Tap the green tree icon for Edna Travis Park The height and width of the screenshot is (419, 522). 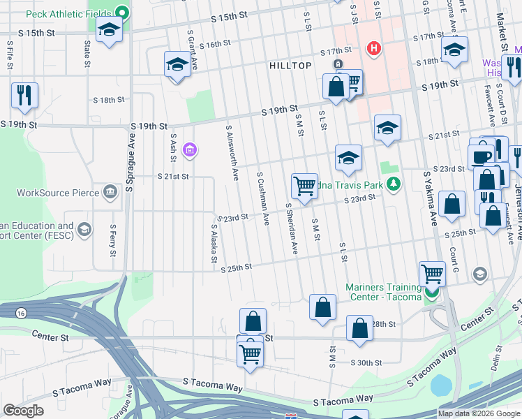(395, 184)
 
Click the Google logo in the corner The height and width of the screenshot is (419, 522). (24, 411)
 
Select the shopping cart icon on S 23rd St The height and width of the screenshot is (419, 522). (304, 186)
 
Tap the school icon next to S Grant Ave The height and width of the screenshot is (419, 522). (177, 65)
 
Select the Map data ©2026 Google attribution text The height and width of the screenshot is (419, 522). (478, 413)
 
